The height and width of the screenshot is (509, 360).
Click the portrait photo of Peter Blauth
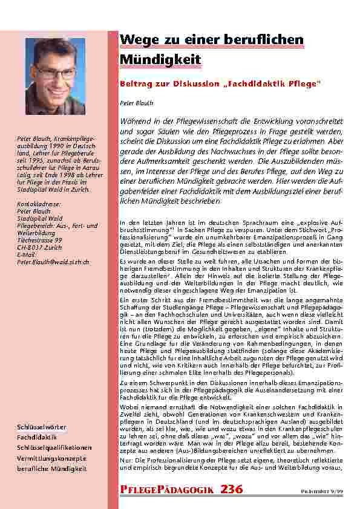pos(55,76)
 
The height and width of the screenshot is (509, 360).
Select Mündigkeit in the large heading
pos(161,61)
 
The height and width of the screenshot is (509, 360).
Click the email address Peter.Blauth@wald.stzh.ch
pos(53,262)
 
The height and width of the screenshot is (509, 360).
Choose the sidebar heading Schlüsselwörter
pos(42,427)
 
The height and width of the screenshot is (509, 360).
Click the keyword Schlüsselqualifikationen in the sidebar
pos(54,447)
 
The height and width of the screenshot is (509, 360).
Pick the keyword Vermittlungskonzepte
pos(51,458)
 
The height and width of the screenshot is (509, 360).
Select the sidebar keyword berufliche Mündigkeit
pos(52,468)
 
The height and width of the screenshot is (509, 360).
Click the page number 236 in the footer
pos(232,489)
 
